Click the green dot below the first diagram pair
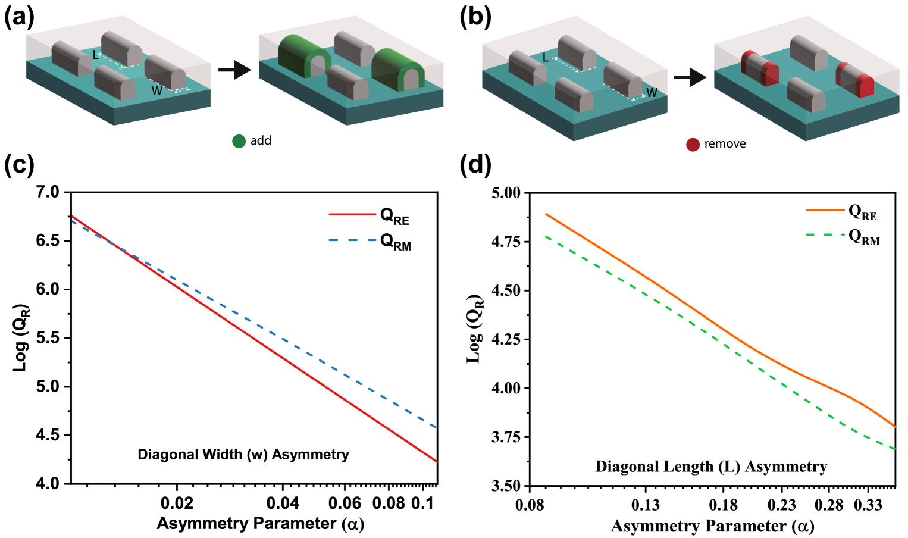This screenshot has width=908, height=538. (239, 141)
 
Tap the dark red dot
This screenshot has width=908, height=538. (693, 145)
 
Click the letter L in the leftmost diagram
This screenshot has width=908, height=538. (95, 55)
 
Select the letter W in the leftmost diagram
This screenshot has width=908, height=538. (156, 92)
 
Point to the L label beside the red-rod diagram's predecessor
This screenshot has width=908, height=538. (545, 58)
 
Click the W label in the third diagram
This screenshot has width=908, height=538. (652, 93)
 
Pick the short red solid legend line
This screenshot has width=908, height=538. (352, 214)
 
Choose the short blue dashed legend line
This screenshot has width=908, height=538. (352, 240)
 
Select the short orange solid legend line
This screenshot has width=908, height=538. (825, 210)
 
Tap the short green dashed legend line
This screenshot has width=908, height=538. (825, 234)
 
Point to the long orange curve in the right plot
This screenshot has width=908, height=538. (714, 322)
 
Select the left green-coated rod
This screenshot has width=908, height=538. (303, 57)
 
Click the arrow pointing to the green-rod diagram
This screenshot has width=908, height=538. (234, 70)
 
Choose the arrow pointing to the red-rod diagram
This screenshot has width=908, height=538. (690, 77)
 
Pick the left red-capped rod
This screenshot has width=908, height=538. (760, 68)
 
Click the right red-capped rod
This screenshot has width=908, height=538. (855, 80)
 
